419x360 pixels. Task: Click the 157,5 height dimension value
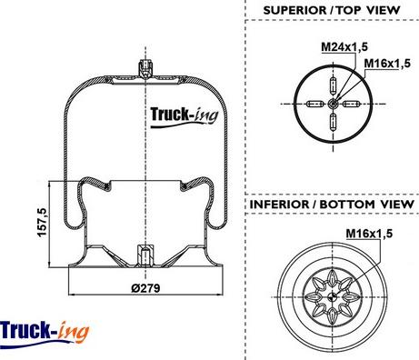point(42,223)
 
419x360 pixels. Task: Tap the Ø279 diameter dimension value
point(145,288)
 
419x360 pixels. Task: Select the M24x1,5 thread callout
point(344,47)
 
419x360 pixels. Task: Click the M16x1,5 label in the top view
point(387,64)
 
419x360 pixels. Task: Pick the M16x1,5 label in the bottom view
point(369,234)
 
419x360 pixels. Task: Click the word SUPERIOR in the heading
point(294,10)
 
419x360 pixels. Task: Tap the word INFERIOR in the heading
point(279,205)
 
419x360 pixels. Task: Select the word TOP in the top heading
point(349,10)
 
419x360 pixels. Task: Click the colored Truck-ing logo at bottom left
point(45,333)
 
